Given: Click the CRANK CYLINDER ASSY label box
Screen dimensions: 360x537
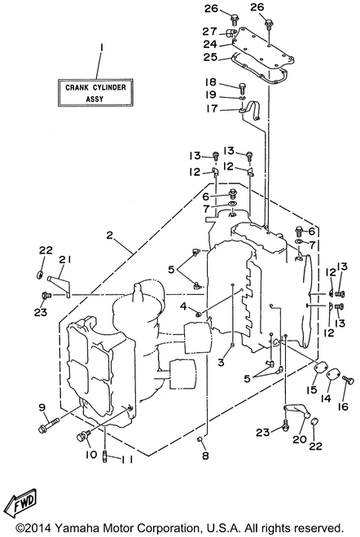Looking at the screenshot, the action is click(95, 92).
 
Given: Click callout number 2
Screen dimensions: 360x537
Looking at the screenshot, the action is click(109, 235).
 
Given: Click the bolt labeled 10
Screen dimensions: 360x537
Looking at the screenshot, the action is click(83, 436).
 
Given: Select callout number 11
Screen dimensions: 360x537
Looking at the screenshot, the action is click(125, 460).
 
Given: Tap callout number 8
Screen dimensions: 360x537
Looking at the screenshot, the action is click(205, 456).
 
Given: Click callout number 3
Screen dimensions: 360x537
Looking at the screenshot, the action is click(221, 362).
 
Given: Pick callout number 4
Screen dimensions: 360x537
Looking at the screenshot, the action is click(184, 306).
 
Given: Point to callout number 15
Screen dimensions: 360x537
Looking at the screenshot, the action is click(313, 390).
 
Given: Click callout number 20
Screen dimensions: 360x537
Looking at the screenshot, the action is click(300, 438).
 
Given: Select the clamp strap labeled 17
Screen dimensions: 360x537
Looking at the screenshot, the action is click(251, 110).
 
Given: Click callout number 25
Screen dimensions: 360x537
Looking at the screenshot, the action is click(211, 57).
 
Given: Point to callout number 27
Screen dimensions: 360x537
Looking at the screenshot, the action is click(210, 31).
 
